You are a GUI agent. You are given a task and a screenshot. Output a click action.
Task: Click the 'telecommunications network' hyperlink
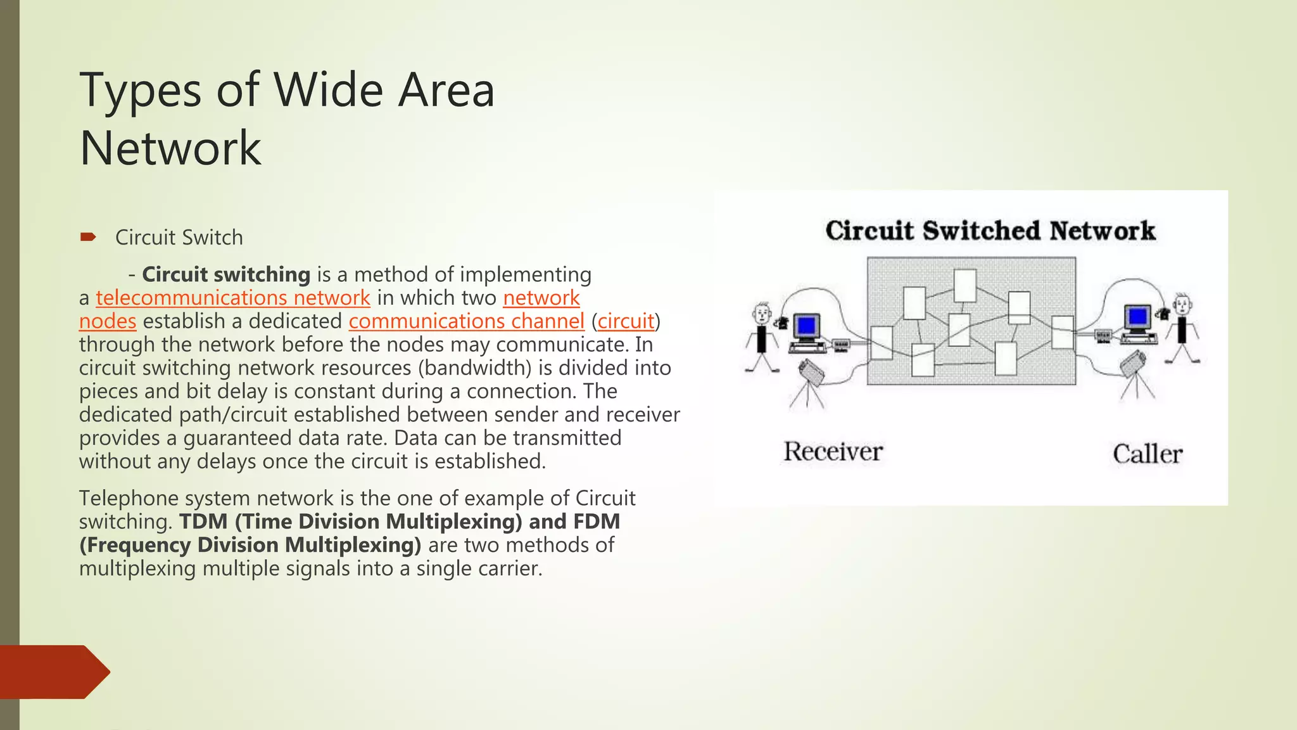pos(232,298)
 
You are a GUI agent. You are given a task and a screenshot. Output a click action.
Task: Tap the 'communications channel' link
pos(466,321)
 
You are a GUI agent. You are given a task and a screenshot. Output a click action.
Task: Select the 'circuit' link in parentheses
pos(626,321)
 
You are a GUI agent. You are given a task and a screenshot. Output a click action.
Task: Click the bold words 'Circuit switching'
pos(226,274)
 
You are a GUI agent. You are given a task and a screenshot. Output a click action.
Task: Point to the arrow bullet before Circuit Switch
pos(88,238)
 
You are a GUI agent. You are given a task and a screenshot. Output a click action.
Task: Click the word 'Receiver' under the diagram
pos(833,452)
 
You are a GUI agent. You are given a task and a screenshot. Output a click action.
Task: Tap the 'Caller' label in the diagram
pos(1147,454)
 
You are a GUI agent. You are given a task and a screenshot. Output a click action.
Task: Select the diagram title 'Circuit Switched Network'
pos(990,231)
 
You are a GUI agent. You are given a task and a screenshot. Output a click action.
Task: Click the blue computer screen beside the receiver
pos(806,326)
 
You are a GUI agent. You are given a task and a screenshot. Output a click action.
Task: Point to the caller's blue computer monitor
pos(1138,316)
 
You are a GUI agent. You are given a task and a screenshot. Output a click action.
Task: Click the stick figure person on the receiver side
pos(762,336)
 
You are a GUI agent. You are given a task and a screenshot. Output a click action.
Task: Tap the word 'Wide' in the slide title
pos(328,90)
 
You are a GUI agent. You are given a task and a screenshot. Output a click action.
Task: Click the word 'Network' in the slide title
pos(170,148)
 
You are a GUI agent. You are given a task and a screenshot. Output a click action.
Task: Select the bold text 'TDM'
pos(203,522)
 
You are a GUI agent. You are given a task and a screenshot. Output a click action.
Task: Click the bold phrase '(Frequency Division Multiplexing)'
pos(250,545)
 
